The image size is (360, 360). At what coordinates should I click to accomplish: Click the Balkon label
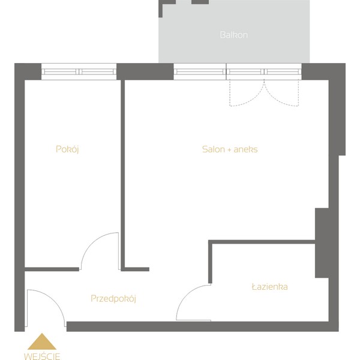pos(234,35)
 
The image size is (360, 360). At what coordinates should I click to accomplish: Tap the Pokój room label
pos(67,149)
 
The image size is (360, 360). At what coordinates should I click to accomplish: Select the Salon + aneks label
pos(230,149)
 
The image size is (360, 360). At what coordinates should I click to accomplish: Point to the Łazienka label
pos(270,287)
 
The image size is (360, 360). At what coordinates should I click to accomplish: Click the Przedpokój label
pos(113,298)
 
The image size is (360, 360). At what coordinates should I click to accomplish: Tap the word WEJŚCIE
pos(42,356)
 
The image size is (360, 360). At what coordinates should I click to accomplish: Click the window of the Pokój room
pos(79,71)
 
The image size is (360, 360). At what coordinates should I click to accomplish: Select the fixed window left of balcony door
pos(200,71)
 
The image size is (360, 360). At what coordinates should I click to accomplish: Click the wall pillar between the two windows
pos(145,71)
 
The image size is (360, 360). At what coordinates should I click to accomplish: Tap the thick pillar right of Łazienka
pos(322,243)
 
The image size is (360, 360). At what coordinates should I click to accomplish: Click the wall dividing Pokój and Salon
pos(122,175)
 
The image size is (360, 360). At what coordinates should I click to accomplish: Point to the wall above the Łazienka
pos(262,242)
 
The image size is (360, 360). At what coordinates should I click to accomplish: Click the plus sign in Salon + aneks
pos(229,149)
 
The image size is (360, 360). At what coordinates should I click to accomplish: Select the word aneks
pos(245,149)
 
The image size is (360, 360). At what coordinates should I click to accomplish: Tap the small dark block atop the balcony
pos(200,2)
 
